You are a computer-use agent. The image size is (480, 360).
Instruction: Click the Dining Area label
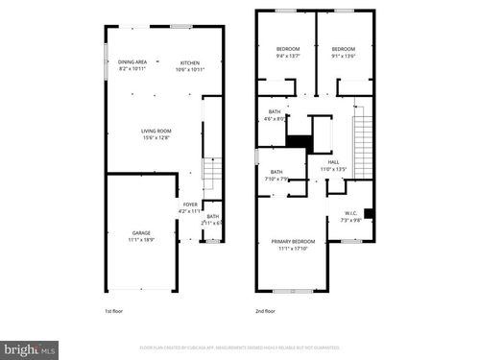(x=132, y=61)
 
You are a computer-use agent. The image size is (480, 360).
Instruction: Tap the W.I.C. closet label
(x=352, y=213)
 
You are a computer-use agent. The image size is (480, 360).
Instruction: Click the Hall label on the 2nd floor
(x=334, y=162)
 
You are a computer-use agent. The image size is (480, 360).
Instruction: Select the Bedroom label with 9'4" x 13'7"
(x=289, y=49)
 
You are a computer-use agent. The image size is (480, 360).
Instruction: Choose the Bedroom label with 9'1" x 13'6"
(x=344, y=49)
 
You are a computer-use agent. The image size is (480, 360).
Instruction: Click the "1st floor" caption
(x=114, y=311)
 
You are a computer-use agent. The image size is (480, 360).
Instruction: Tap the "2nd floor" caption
(x=264, y=311)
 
